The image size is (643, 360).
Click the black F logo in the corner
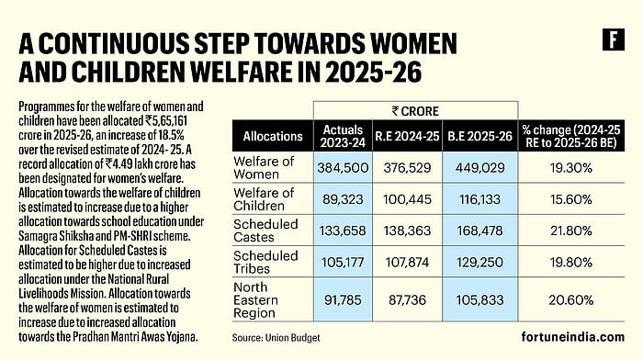[x=609, y=39]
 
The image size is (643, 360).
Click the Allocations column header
[x=273, y=136]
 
